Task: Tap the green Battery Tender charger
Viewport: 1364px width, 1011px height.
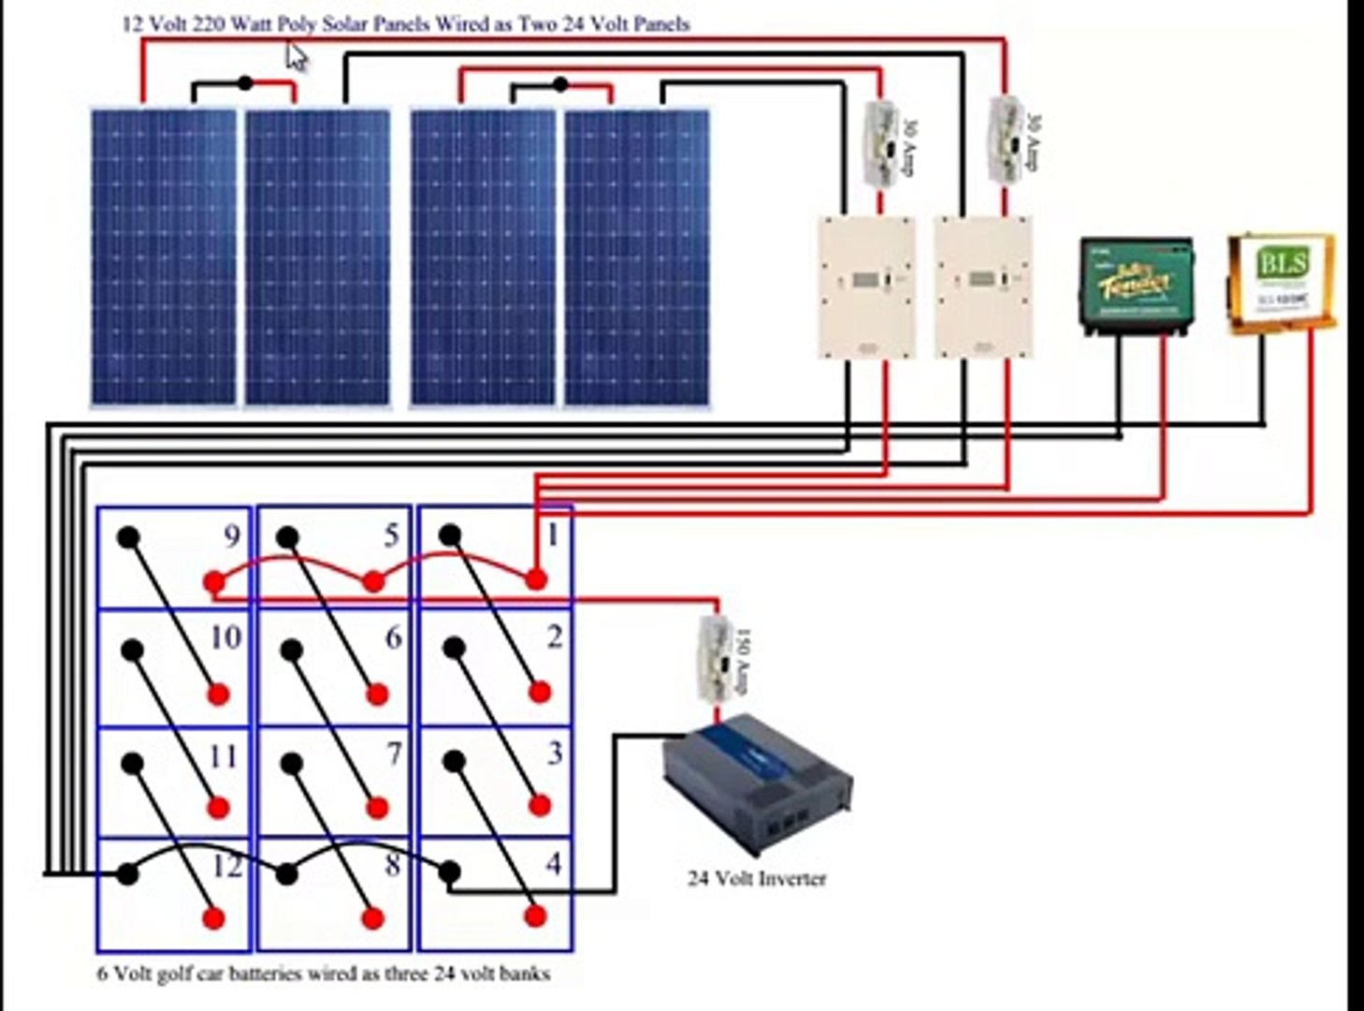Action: [x=1136, y=285]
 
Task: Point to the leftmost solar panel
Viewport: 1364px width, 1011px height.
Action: [x=164, y=257]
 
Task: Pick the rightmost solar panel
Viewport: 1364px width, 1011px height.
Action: [x=636, y=257]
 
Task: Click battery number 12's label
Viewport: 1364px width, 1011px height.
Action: [x=226, y=866]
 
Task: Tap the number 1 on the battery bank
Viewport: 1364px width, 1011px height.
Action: [x=553, y=535]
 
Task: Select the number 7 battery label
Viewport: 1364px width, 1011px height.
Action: [x=395, y=754]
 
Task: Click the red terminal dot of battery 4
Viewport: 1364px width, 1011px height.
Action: [x=535, y=916]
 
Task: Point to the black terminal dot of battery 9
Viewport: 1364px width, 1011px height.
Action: [x=128, y=537]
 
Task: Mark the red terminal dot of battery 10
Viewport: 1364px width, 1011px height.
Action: [x=219, y=695]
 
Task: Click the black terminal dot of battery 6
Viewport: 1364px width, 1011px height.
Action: [x=292, y=649]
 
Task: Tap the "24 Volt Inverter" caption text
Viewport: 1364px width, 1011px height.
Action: [x=757, y=879]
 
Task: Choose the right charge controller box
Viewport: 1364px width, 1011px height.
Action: [x=983, y=286]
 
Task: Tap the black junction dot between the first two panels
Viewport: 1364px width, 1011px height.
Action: [x=245, y=83]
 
